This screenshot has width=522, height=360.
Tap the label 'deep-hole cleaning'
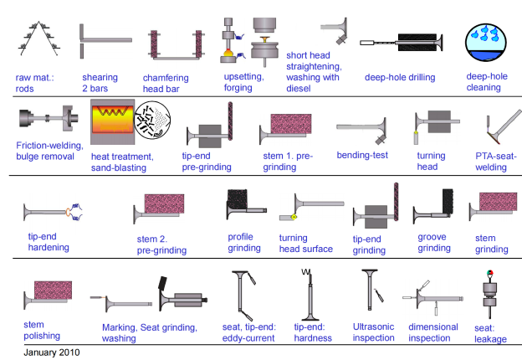488,82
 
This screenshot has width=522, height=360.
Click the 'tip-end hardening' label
49,242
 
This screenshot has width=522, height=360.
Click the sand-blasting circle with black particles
151,122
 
